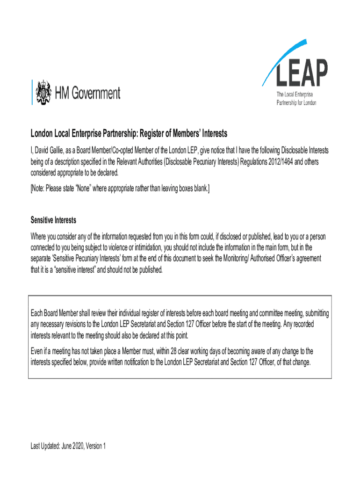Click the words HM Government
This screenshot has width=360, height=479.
click(x=87, y=93)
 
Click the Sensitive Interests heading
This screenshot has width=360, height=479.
click(x=53, y=220)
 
